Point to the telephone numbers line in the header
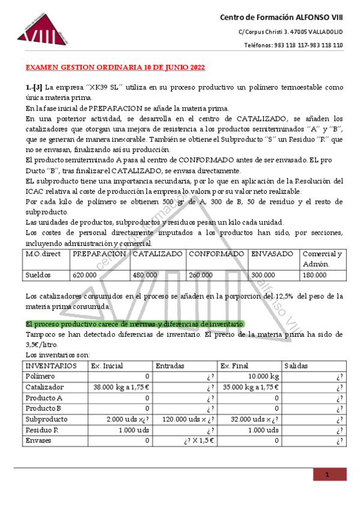tap(293, 45)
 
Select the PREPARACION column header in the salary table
tap(99, 254)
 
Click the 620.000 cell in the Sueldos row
tap(85, 275)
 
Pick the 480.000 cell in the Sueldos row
tap(145, 275)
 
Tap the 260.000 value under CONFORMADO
tap(201, 275)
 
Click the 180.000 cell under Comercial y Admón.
tap(314, 275)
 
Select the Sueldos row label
tap(38, 275)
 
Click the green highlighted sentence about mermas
tap(135, 324)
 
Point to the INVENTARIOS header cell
tap(51, 366)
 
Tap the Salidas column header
tap(296, 366)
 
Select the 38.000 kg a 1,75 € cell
tap(119, 387)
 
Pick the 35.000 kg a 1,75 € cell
tap(249, 387)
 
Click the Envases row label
tap(39, 441)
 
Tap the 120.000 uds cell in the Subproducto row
tap(186, 419)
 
